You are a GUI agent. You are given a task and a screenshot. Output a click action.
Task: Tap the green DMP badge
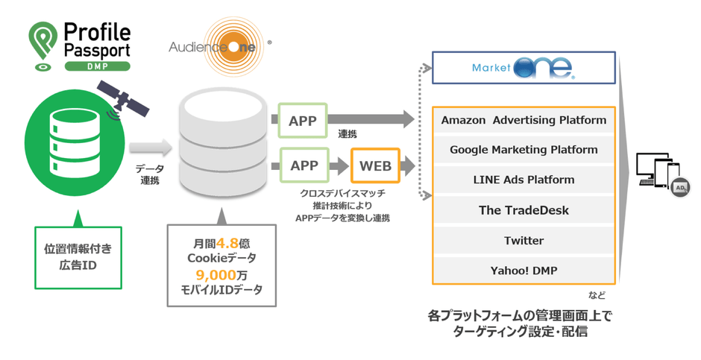click(97, 66)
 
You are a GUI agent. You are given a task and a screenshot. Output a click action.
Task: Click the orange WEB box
click(375, 166)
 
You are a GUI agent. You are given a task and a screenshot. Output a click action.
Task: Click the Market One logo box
click(524, 68)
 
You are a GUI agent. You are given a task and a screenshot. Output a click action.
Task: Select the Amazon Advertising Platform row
click(524, 120)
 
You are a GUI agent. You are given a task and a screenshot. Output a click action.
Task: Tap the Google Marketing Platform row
click(524, 150)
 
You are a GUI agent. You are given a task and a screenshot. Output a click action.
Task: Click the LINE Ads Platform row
click(524, 180)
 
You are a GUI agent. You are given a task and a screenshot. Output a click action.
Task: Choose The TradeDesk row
click(524, 210)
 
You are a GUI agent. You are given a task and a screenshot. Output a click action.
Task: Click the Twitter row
click(524, 241)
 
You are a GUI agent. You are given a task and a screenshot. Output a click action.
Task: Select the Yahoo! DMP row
click(524, 270)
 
